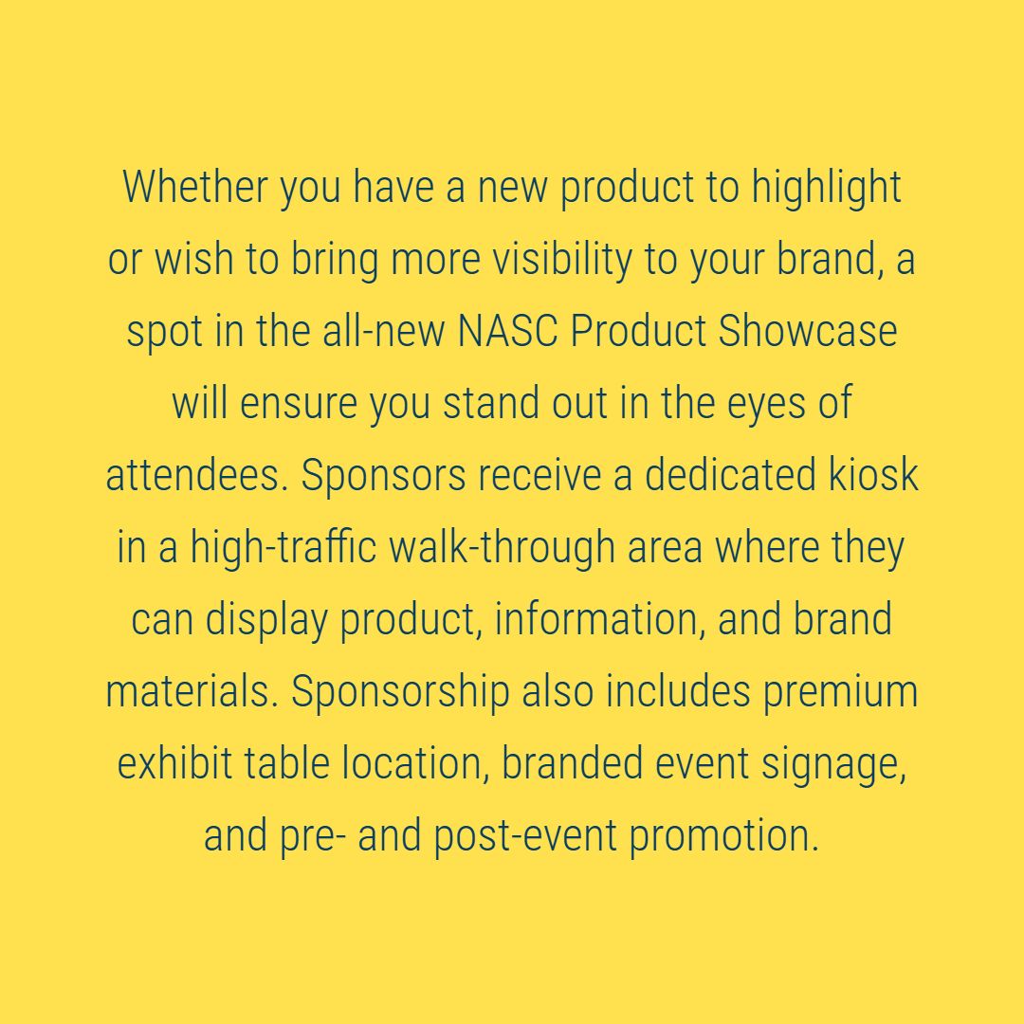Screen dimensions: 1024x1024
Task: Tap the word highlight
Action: [x=827, y=187]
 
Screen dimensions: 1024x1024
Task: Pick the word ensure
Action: [x=299, y=403]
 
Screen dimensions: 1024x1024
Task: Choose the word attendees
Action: [x=194, y=475]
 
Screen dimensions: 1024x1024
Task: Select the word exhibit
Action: [x=174, y=764]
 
